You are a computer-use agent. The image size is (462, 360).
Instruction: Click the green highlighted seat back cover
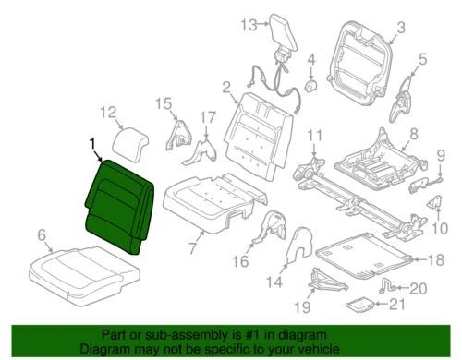[118, 203]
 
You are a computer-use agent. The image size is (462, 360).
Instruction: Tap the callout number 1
[91, 142]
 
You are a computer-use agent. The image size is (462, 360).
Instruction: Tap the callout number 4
[311, 60]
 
